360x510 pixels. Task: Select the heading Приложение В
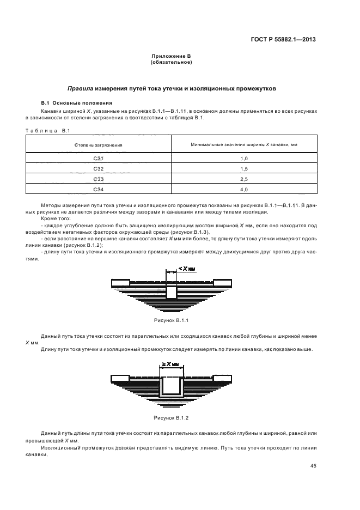pyautogui.click(x=171, y=56)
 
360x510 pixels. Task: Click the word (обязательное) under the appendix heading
pyautogui.click(x=171, y=62)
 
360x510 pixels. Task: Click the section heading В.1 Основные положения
pyautogui.click(x=77, y=102)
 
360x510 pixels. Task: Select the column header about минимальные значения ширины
pyautogui.click(x=243, y=145)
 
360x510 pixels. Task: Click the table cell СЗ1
pyautogui.click(x=98, y=159)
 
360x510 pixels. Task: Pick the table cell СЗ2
pyautogui.click(x=98, y=169)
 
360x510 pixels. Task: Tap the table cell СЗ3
pyautogui.click(x=98, y=179)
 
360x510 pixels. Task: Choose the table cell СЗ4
pyautogui.click(x=98, y=189)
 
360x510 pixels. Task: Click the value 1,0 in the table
pyautogui.click(x=243, y=159)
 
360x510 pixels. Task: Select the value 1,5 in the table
pyautogui.click(x=243, y=169)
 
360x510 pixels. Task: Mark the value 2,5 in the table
pyautogui.click(x=243, y=179)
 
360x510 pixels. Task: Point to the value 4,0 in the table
pyautogui.click(x=243, y=189)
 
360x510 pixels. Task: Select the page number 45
pyautogui.click(x=313, y=466)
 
